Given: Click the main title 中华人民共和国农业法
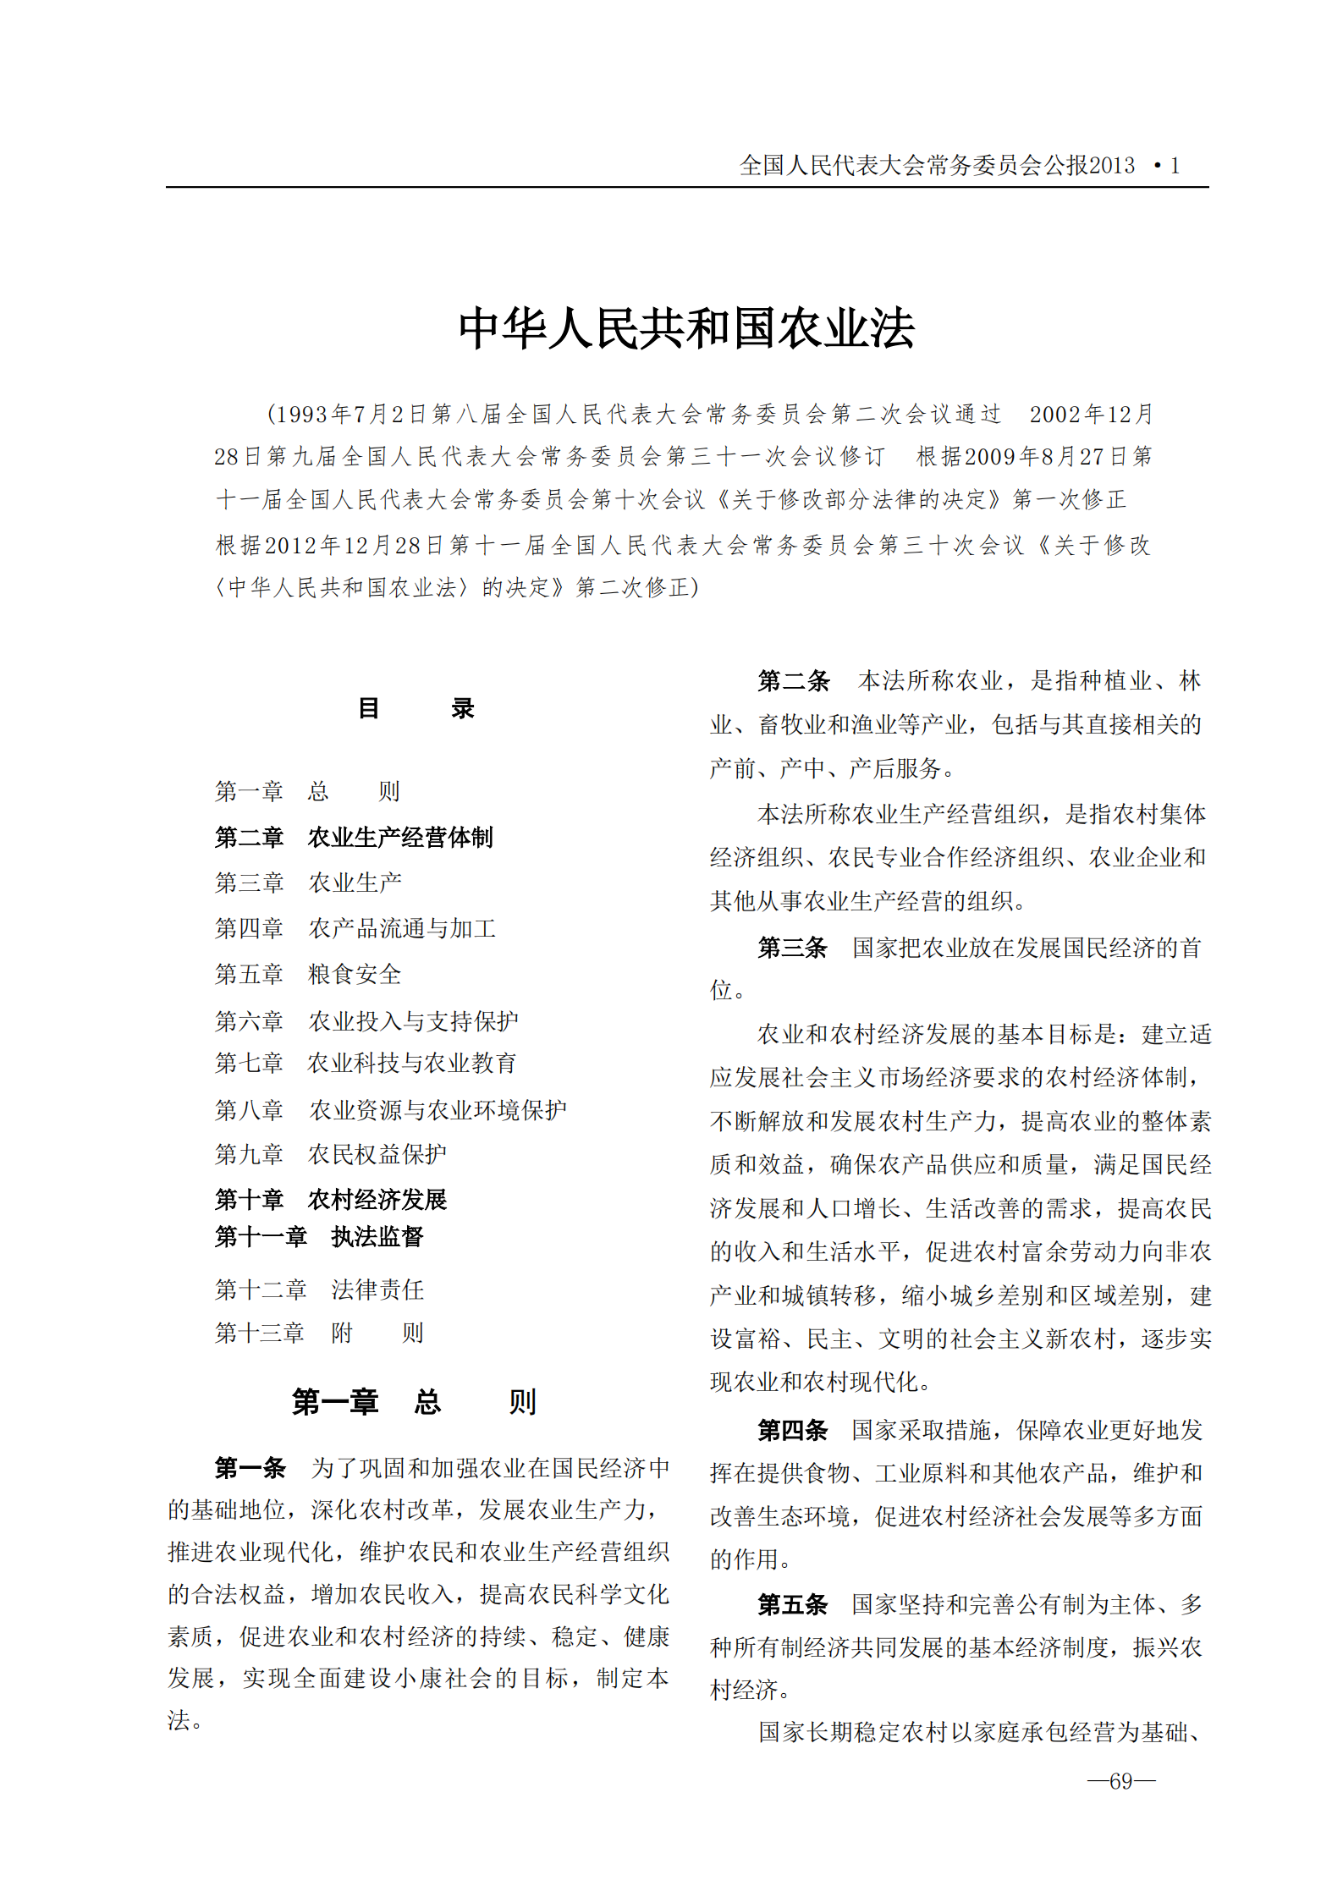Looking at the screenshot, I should point(686,328).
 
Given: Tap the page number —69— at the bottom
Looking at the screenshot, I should point(1120,1781).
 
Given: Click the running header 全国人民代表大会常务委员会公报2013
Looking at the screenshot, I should point(937,166).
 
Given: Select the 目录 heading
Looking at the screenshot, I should point(416,708).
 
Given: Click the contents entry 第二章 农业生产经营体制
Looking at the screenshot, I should point(353,838).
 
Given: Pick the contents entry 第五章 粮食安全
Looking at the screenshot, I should point(307,975).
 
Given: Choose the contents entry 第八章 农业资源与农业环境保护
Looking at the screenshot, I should point(390,1110).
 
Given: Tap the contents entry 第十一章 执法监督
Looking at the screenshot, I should point(318,1237).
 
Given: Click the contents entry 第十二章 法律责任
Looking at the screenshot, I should point(319,1290).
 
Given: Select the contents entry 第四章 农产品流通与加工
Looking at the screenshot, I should point(355,929).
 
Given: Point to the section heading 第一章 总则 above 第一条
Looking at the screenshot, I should point(414,1402).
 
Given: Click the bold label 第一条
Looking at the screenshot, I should point(250,1468).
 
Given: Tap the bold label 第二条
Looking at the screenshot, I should point(793,680).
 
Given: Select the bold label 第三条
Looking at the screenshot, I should point(792,948).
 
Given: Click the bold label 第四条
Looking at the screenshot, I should point(792,1430).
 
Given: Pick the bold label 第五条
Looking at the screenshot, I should point(792,1604).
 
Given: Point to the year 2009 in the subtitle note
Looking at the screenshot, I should point(989,457).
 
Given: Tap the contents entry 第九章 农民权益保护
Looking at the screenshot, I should point(330,1154).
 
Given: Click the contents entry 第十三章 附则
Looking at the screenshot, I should point(318,1333).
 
